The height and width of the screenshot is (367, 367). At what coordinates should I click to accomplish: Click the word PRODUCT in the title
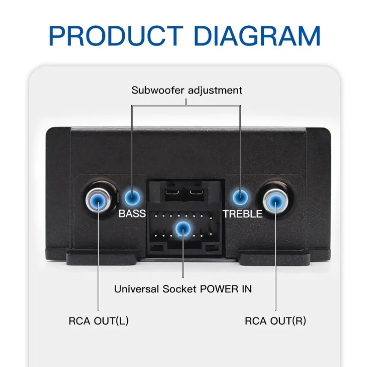pos(116,36)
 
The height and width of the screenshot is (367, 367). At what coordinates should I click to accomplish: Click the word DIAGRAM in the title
pos(257,36)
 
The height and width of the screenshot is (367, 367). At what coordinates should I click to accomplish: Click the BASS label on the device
pos(132,213)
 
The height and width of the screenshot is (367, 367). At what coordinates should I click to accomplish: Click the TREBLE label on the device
pos(243,214)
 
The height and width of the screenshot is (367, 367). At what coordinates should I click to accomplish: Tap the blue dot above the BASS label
pos(132,198)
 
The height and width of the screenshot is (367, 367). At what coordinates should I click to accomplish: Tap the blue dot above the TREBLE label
pos(240,198)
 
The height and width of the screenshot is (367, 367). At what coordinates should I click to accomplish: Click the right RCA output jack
pos(275,200)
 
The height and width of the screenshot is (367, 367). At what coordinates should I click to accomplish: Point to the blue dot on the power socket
pos(183,228)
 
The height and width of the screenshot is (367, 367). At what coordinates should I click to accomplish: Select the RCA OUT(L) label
pos(99,321)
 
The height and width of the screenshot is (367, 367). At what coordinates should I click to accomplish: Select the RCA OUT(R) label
pos(276,321)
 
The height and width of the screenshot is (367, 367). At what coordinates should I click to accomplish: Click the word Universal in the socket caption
pos(136,289)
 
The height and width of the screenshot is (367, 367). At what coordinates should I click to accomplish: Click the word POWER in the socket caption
pos(219,289)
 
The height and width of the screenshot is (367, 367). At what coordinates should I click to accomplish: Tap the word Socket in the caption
pos(179,289)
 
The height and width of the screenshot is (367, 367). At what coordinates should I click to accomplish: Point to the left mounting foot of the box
pos(102,259)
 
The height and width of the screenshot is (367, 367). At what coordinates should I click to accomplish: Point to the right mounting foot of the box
pos(274,259)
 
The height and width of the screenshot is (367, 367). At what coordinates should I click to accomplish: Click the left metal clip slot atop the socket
pos(172,193)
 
